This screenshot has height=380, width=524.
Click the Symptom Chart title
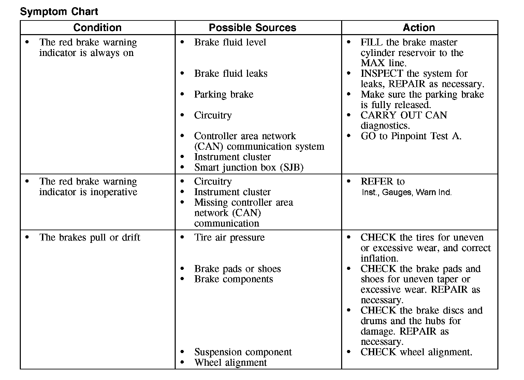(x=59, y=12)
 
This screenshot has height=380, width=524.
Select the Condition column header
(x=97, y=28)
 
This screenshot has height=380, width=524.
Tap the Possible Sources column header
(x=252, y=28)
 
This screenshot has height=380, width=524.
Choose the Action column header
(x=419, y=28)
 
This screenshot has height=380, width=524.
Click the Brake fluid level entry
(x=230, y=42)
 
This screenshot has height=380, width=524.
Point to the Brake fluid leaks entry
(x=231, y=74)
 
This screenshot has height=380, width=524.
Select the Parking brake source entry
(x=223, y=94)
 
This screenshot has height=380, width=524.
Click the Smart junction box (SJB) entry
(x=249, y=167)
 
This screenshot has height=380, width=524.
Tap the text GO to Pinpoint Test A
(x=411, y=136)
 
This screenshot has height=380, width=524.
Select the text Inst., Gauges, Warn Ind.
(x=406, y=192)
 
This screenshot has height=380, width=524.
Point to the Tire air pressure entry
(x=229, y=237)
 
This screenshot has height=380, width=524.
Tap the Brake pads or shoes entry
(x=237, y=269)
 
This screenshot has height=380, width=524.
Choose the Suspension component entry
(x=243, y=352)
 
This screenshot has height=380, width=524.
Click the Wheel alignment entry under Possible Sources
(x=230, y=363)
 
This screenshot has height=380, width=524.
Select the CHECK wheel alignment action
(x=416, y=352)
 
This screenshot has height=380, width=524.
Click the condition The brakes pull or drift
(x=90, y=237)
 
